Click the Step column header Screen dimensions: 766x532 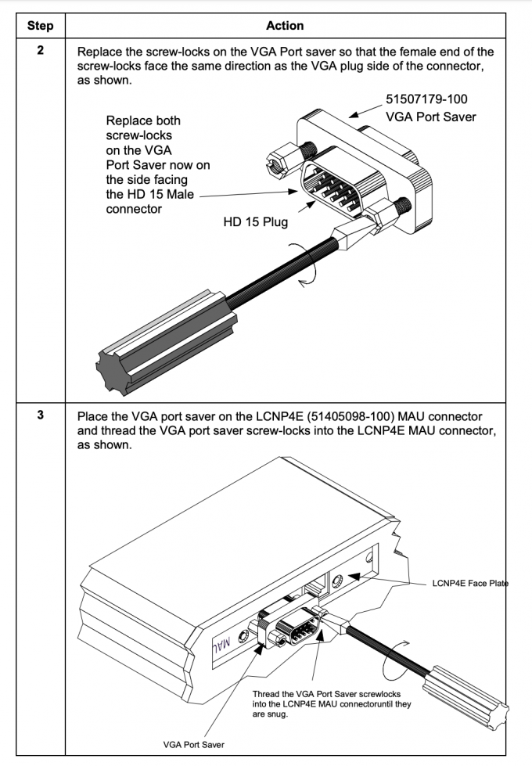(x=40, y=26)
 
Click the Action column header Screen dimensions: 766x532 (x=285, y=26)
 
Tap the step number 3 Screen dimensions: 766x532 (x=40, y=415)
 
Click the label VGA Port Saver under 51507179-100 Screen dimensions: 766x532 (x=432, y=117)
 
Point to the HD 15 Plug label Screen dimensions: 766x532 (x=256, y=222)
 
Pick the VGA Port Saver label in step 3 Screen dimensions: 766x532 (x=192, y=744)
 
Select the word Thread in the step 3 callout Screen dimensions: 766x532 (x=267, y=694)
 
